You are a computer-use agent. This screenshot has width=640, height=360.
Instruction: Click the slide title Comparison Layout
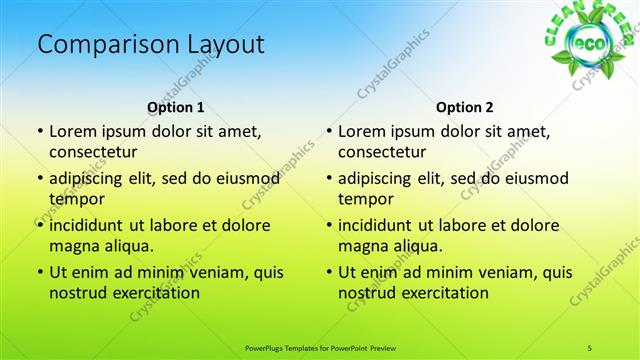pyautogui.click(x=150, y=45)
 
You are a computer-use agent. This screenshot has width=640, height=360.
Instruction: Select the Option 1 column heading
pyautogui.click(x=176, y=107)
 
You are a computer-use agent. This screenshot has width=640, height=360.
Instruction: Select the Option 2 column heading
pyautogui.click(x=465, y=107)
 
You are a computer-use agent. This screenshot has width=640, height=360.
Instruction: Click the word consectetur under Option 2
pyautogui.click(x=382, y=152)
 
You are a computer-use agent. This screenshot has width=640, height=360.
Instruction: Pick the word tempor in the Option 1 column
pyautogui.click(x=76, y=198)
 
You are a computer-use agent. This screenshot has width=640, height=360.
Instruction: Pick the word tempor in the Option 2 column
pyautogui.click(x=365, y=198)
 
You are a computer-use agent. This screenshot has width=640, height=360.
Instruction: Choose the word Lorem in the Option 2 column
pyautogui.click(x=362, y=131)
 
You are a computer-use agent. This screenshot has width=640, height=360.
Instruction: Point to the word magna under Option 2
pyautogui.click(x=364, y=245)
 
